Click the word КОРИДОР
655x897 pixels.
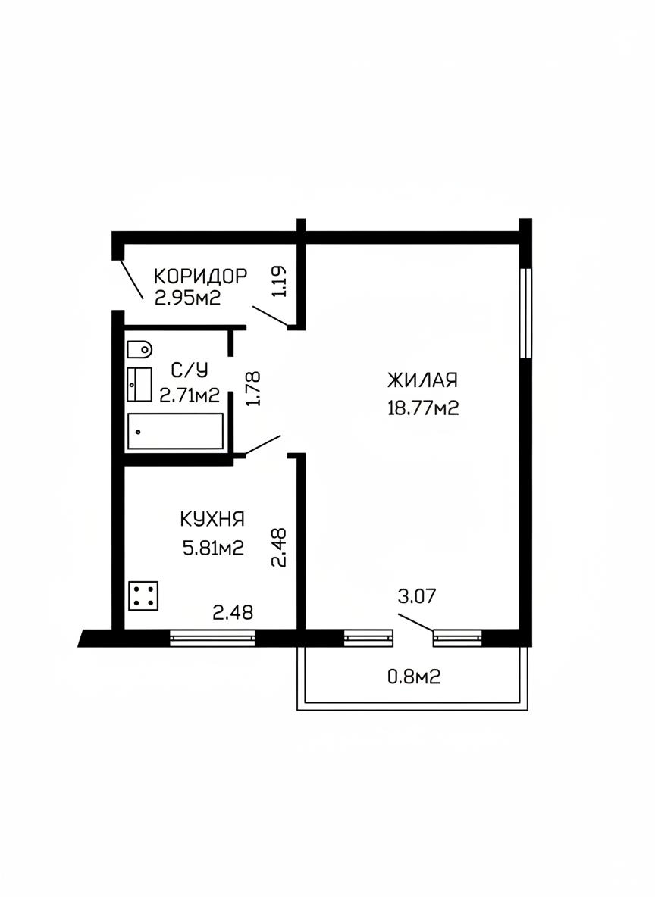point(200,277)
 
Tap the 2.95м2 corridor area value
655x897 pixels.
point(188,298)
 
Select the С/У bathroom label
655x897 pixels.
point(190,370)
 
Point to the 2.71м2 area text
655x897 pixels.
point(190,395)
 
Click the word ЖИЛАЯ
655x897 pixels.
point(422,380)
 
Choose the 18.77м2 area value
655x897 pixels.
point(423,408)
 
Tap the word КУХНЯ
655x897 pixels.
point(212,520)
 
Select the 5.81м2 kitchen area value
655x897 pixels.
point(213,548)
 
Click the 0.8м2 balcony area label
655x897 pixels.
point(414,677)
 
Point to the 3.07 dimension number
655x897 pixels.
point(417,596)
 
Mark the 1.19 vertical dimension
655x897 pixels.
point(280,282)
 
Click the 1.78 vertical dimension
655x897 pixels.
point(252,389)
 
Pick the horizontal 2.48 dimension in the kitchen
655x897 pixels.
point(233,613)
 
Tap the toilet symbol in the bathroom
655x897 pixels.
point(139,348)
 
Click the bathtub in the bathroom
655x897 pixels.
point(175,431)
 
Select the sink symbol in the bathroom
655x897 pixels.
point(139,385)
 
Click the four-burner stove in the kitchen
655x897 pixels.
point(143,596)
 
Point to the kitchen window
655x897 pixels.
point(212,638)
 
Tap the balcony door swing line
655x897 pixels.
point(415,623)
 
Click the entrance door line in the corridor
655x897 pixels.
point(131,279)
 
